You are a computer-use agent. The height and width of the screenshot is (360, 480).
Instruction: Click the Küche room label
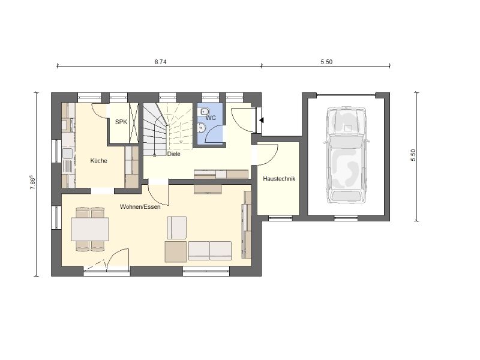98,161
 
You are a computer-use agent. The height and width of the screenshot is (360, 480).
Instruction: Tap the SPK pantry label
121,122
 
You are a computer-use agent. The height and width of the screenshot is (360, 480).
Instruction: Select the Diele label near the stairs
173,154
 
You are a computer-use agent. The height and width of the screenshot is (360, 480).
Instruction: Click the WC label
211,118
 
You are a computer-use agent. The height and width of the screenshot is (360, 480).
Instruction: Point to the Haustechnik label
279,178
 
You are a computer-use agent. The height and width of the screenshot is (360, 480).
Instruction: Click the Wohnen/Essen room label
140,206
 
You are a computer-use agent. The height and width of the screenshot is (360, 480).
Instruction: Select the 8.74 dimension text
160,62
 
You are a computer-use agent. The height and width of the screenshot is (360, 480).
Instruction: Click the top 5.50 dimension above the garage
326,62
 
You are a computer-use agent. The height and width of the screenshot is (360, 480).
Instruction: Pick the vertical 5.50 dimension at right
413,155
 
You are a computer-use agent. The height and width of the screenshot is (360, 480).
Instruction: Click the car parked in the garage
346,155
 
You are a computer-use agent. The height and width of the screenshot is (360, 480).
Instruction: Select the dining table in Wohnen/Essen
90,229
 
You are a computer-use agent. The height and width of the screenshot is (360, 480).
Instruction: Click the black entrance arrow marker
262,121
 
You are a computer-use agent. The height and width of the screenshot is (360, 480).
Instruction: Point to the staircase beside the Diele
167,129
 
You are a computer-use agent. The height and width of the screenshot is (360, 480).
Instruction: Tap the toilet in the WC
205,112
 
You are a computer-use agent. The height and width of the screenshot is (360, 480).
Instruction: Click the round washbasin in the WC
201,127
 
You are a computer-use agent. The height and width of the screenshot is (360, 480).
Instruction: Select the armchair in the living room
176,228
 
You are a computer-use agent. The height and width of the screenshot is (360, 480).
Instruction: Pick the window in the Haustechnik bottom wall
280,218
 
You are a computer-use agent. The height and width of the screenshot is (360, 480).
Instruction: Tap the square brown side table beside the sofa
175,251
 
